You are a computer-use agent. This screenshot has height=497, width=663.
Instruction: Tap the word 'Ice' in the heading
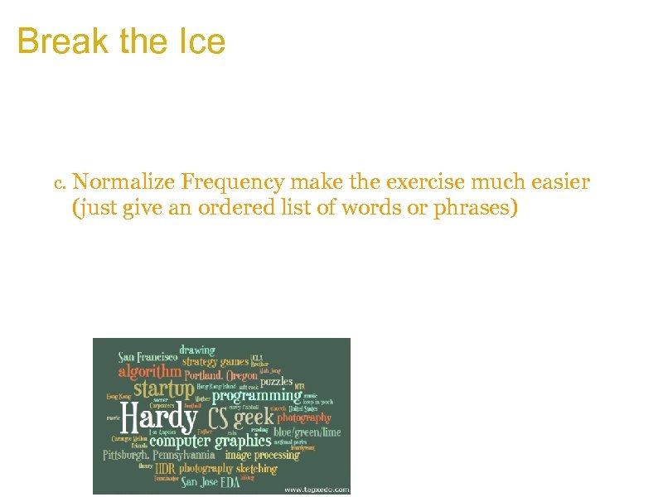[202, 41]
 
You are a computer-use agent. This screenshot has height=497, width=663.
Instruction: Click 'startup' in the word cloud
[163, 388]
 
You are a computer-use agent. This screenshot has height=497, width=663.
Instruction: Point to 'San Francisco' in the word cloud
[148, 357]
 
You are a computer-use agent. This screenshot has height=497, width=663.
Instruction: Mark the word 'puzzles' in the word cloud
[276, 382]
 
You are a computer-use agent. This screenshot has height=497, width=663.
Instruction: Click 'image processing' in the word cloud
[262, 455]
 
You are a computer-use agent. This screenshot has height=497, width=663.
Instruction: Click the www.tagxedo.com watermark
[316, 489]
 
